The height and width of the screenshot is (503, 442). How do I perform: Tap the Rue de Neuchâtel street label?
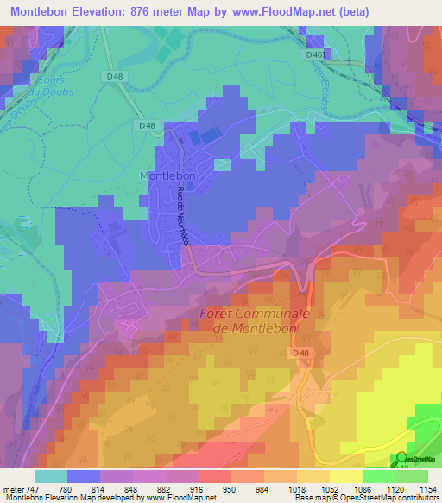point(183,217)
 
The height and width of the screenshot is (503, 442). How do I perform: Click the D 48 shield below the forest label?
point(300,353)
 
